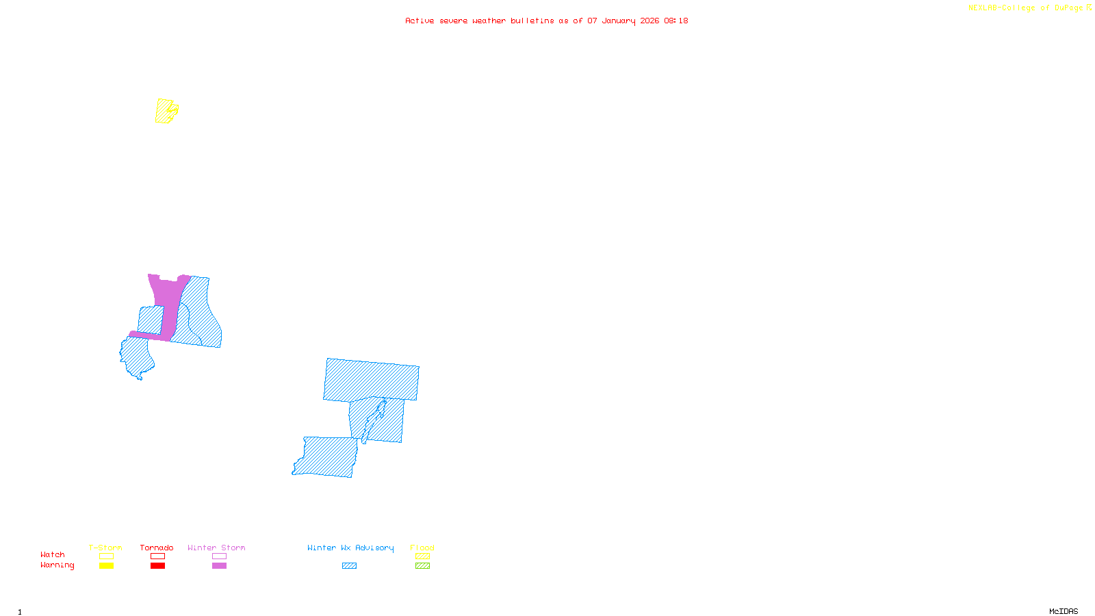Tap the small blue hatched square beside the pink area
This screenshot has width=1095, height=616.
click(151, 319)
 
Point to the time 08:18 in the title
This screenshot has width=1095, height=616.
click(676, 21)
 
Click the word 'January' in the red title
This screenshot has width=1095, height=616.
click(619, 21)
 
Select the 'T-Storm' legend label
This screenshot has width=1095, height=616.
click(105, 548)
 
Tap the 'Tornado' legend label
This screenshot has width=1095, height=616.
click(157, 548)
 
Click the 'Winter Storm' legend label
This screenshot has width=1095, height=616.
click(216, 548)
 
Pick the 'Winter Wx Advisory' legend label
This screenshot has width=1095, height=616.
click(350, 548)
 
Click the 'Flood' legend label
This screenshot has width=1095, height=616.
click(422, 548)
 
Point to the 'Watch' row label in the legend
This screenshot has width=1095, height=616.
click(53, 554)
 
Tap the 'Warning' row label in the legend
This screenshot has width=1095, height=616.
click(57, 565)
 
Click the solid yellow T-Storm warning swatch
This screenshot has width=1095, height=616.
click(106, 566)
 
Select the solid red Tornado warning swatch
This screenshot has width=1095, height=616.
click(157, 566)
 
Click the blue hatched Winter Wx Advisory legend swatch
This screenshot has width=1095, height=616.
click(349, 566)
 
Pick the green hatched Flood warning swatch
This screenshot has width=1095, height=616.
click(422, 566)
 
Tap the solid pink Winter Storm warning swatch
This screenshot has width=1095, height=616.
click(219, 566)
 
